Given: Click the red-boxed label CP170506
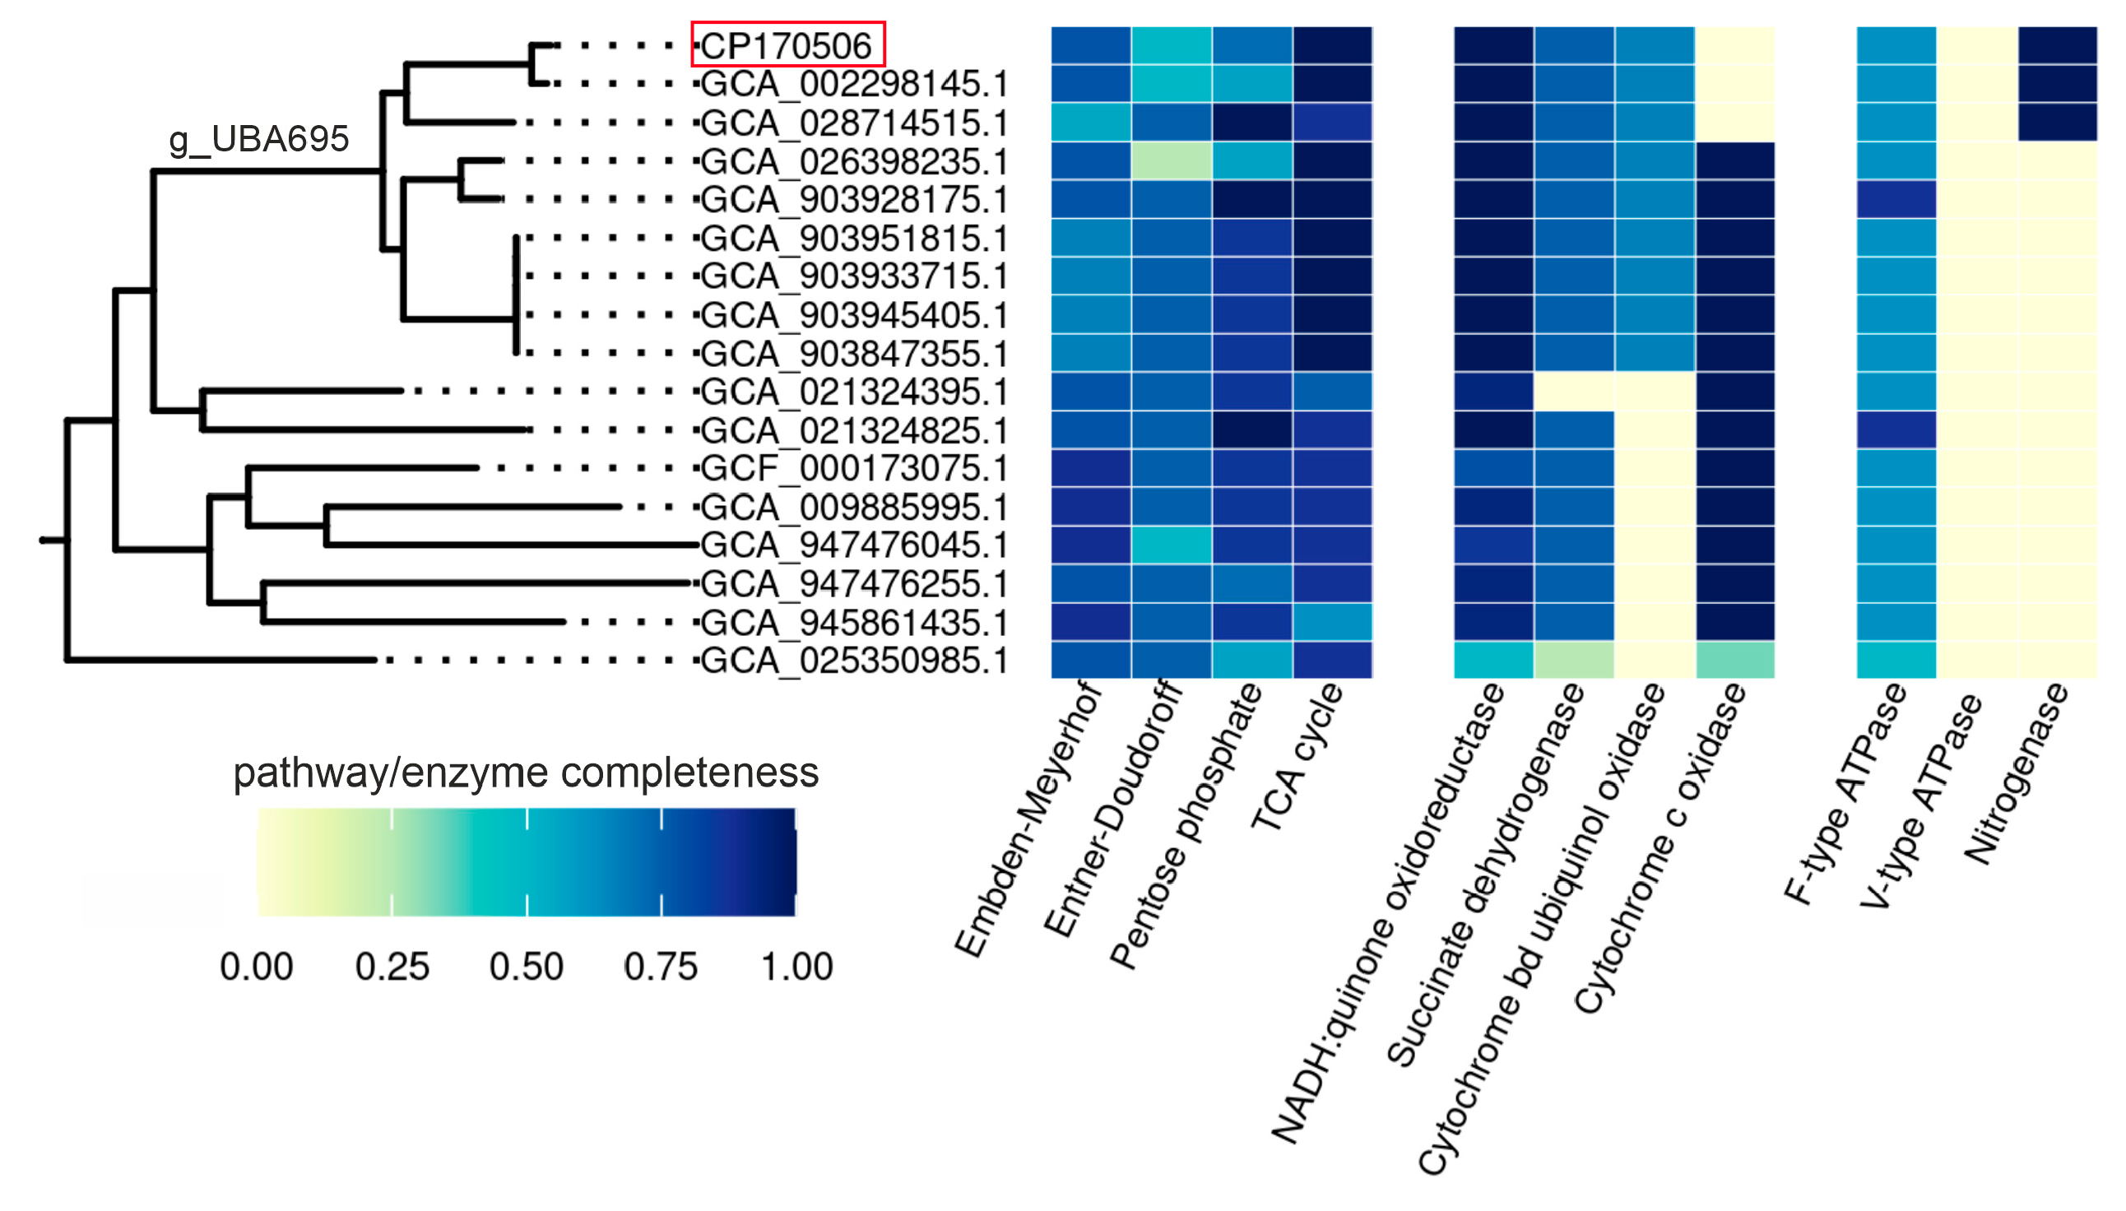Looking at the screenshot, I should pos(787,45).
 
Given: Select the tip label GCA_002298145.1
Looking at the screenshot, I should pos(853,83).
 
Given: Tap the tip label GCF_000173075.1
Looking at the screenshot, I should pos(853,468).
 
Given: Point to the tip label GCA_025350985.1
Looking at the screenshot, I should pos(853,661).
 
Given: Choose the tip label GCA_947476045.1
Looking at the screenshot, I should pos(853,545).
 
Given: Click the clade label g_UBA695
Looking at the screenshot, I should pos(258,139).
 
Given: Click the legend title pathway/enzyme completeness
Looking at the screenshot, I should pos(526,773).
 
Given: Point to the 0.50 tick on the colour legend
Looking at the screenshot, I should pos(526,967).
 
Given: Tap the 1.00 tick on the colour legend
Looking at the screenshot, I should pos(796,967).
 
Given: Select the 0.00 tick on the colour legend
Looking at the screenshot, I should pos(256,967).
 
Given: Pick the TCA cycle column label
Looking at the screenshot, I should pos(1296,757).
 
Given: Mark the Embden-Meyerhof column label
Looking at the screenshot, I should pos(1028,819).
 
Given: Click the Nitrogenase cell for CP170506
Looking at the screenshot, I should pos(2057,45).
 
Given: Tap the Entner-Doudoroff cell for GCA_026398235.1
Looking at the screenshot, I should pos(1171,160).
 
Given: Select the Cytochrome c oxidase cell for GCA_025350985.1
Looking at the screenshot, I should pos(1734,661).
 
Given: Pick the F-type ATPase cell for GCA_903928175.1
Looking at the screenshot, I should pos(1896,200).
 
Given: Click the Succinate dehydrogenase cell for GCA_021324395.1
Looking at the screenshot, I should pos(1574,392).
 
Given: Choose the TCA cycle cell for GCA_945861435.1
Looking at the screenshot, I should pos(1332,622).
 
